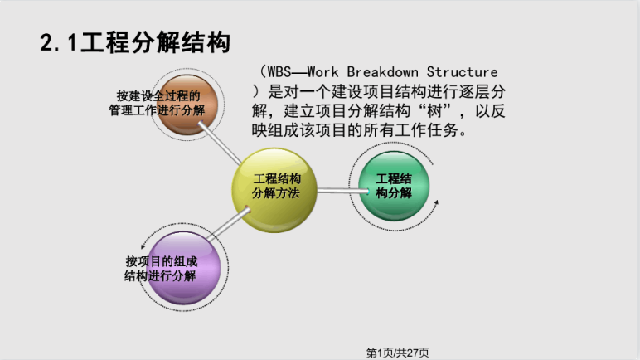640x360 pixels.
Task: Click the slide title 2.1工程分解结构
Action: [x=135, y=42]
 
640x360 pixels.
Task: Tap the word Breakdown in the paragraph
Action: [x=382, y=72]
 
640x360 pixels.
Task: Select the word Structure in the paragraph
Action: [x=462, y=72]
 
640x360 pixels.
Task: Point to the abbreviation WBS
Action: [x=279, y=72]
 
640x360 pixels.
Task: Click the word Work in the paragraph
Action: [x=322, y=72]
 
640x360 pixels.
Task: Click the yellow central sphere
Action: [x=274, y=190]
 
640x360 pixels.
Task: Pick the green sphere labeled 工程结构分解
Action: [x=394, y=186]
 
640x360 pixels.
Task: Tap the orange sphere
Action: [x=187, y=105]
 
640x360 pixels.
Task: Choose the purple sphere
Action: [x=183, y=268]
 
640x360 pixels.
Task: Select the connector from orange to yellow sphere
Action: [x=221, y=144]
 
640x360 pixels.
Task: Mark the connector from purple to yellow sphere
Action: [x=228, y=223]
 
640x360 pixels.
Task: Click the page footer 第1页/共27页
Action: [x=398, y=353]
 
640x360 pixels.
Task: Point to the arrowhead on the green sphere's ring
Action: [x=436, y=202]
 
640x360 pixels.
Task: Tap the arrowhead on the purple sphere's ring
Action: [x=143, y=246]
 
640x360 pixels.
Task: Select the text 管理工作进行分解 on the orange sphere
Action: [x=157, y=110]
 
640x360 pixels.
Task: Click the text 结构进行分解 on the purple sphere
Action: [x=160, y=276]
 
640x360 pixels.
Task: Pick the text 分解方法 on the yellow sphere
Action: [x=276, y=193]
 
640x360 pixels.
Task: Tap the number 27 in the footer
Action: [x=413, y=353]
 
